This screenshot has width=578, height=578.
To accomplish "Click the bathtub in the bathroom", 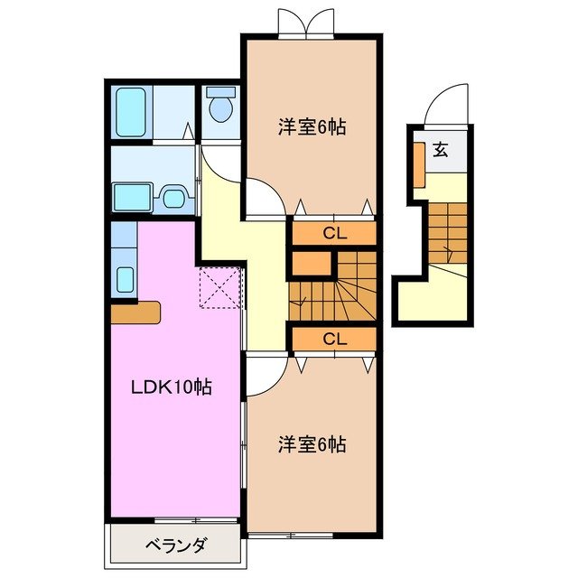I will click(132, 110).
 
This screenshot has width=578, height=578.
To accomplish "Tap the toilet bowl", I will click(219, 108).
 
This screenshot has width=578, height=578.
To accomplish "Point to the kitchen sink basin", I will click(126, 279).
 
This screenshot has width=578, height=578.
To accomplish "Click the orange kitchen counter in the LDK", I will click(135, 312).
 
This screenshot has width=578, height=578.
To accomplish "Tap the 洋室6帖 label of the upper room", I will click(312, 127).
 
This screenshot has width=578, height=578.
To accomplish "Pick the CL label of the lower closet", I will click(334, 340).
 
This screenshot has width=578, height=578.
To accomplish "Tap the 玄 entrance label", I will click(440, 150).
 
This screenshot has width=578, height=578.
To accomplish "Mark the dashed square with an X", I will click(221, 286).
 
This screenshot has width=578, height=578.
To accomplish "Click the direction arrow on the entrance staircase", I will click(449, 248).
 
